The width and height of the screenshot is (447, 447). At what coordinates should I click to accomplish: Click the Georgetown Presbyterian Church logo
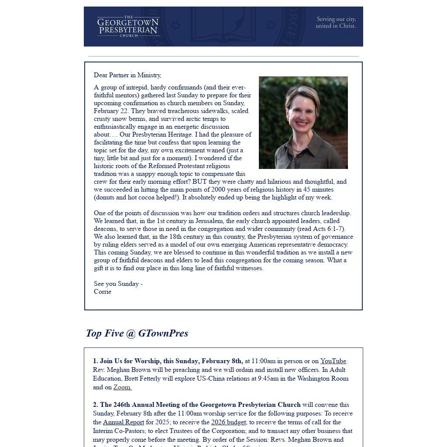click(128, 27)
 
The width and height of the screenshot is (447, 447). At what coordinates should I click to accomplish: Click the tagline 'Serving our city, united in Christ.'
click(336, 22)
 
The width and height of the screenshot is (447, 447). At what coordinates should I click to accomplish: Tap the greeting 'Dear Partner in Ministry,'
click(127, 75)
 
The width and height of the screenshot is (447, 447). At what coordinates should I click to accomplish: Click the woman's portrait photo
click(303, 123)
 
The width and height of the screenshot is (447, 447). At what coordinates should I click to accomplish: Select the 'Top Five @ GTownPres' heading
click(137, 333)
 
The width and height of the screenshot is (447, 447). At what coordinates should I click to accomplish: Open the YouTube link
click(333, 361)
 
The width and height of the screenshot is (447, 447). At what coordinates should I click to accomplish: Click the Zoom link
click(122, 387)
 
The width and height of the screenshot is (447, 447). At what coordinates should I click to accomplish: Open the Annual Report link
click(124, 422)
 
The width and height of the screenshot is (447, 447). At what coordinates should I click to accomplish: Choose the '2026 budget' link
click(229, 422)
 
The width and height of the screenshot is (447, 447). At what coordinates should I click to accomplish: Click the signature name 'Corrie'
click(103, 292)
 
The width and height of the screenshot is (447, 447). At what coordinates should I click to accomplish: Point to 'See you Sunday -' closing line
click(118, 284)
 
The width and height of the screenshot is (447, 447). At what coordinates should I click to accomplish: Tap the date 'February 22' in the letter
click(111, 111)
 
